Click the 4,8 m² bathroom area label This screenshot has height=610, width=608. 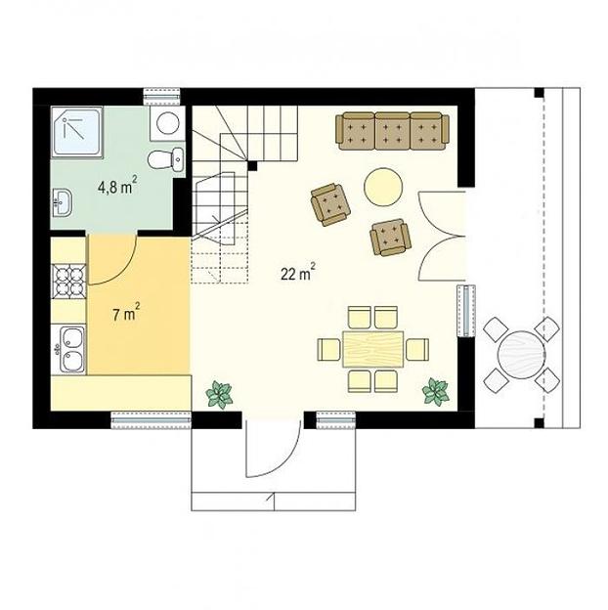117,186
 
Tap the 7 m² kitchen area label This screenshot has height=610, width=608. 126,313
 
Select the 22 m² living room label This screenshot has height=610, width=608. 297,272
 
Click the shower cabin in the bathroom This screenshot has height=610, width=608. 77,132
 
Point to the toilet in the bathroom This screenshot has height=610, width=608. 165,159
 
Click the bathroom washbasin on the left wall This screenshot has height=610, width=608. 62,202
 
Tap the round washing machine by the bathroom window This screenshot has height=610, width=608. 168,123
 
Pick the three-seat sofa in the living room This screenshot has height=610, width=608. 393,131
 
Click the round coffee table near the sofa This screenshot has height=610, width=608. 383,187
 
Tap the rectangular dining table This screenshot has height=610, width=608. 373,349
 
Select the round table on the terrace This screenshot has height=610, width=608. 521,355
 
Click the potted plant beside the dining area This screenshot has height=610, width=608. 436,392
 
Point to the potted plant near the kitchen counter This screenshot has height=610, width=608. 219,395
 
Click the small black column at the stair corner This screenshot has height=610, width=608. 252,166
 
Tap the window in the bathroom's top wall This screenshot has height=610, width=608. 162,97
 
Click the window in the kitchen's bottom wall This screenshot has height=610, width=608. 152,420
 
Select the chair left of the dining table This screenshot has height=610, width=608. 328,349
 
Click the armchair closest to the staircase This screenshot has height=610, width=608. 330,204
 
